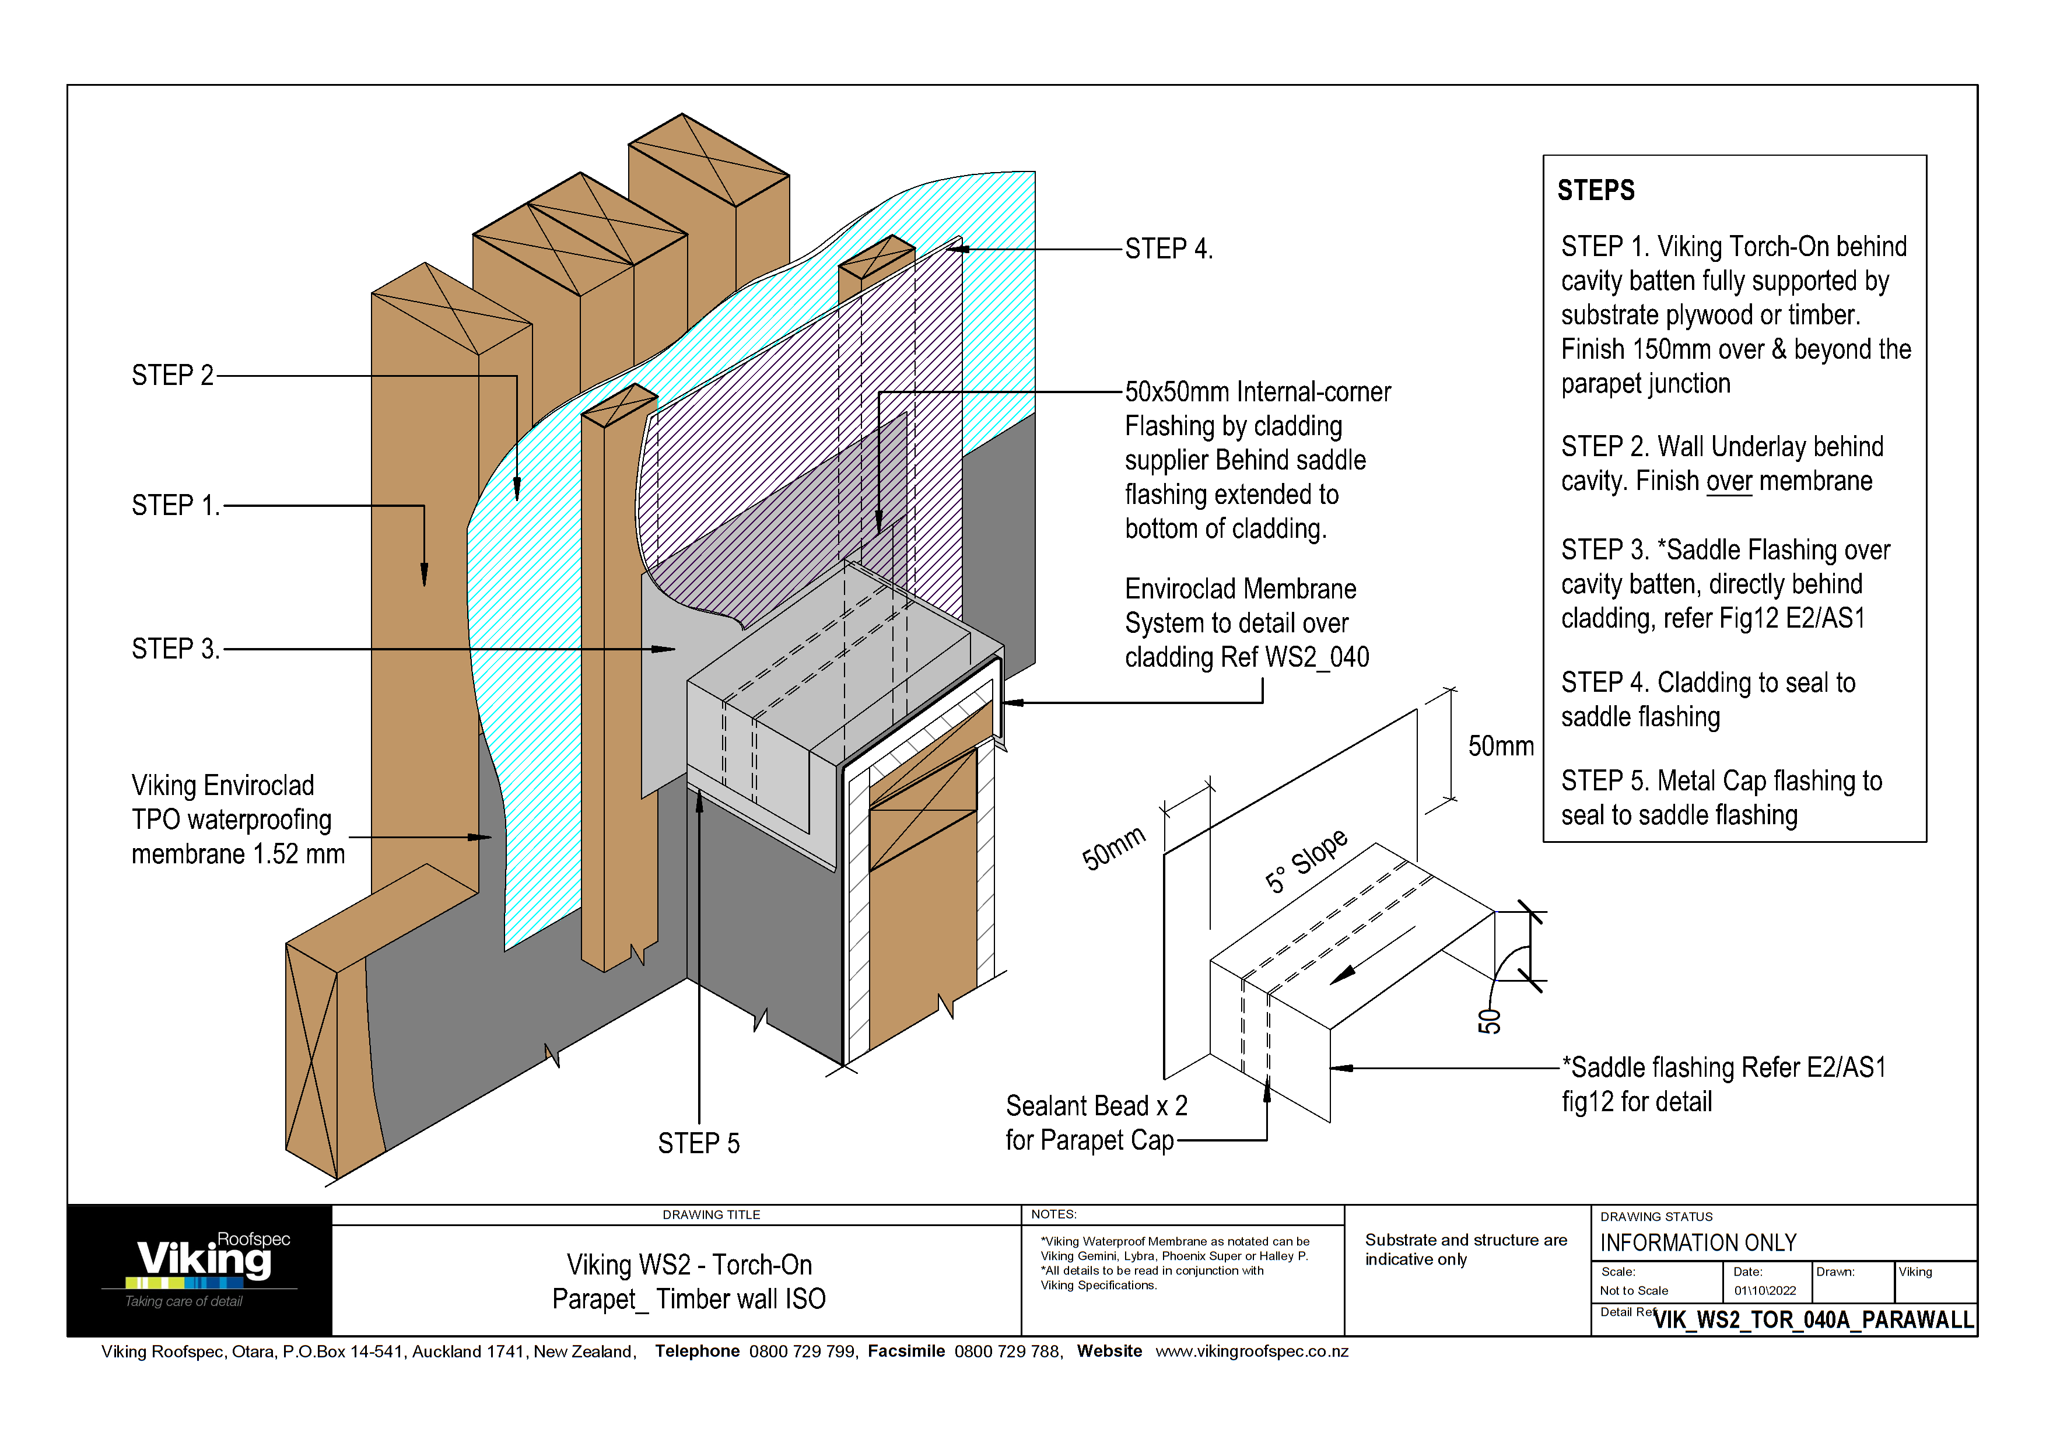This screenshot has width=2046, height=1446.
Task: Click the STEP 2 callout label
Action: tap(172, 375)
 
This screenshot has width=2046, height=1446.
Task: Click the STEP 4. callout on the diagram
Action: tap(1168, 248)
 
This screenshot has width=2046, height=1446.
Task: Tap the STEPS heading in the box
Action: tap(1595, 190)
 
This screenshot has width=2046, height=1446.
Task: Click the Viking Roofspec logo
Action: tap(204, 1265)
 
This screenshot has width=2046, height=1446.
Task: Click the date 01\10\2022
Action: tap(1764, 1290)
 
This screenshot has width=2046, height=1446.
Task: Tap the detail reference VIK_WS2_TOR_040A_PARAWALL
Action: tap(1813, 1319)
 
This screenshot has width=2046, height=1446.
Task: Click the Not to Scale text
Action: tap(1634, 1290)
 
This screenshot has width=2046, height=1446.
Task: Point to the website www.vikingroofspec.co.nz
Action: tap(1251, 1352)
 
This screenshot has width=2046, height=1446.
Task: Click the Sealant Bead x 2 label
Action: tap(1096, 1106)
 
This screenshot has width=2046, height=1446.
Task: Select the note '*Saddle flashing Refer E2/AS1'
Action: tap(1724, 1067)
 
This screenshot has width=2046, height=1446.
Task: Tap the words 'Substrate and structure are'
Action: tap(1465, 1240)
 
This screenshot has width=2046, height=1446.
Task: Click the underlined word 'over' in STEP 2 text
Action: tap(1729, 481)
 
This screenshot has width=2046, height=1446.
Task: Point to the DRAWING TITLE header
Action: tap(710, 1214)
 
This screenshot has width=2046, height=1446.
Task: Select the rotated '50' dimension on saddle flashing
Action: tap(1489, 1021)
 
